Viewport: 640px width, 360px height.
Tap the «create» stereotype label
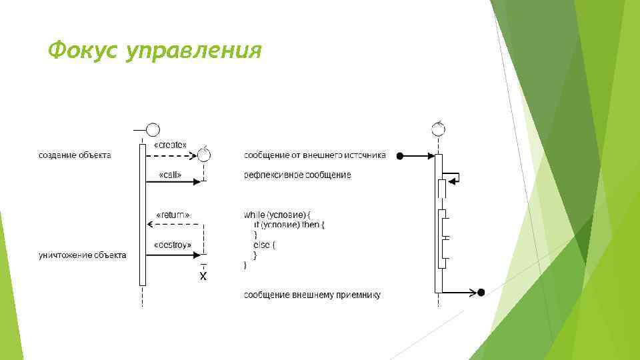pyautogui.click(x=170, y=145)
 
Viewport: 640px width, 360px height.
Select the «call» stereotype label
pyautogui.click(x=170, y=175)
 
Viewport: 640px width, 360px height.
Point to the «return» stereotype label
pyautogui.click(x=173, y=215)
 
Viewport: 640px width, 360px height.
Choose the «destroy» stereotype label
pyautogui.click(x=173, y=245)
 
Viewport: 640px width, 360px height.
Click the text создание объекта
pyautogui.click(x=75, y=156)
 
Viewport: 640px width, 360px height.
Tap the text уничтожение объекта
pyautogui.click(x=82, y=255)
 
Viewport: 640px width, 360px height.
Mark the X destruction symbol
pyautogui.click(x=203, y=276)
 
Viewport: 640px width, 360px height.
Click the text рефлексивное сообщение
pyautogui.click(x=297, y=175)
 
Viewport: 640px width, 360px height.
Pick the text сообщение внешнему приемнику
pyautogui.click(x=312, y=294)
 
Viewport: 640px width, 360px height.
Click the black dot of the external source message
pyautogui.click(x=399, y=157)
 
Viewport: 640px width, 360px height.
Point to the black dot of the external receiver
pyautogui.click(x=481, y=292)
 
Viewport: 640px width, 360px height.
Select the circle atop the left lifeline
pyautogui.click(x=153, y=129)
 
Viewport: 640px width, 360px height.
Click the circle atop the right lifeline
pyautogui.click(x=439, y=128)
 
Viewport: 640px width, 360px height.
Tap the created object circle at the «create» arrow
pyautogui.click(x=204, y=155)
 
